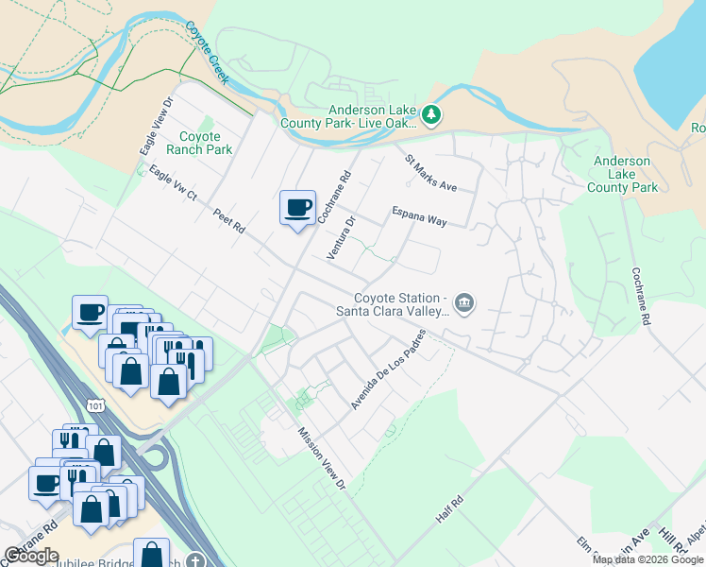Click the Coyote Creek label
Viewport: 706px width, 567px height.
pyautogui.click(x=207, y=53)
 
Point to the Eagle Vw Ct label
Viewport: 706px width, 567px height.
pyautogui.click(x=172, y=183)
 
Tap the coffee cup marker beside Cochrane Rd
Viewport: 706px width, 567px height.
pyautogui.click(x=297, y=208)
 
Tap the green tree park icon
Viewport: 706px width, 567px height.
pyautogui.click(x=431, y=114)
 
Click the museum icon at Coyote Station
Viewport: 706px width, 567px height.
pyautogui.click(x=463, y=302)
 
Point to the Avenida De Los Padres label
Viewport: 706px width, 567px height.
pyautogui.click(x=388, y=369)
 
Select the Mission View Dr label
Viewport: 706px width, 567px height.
pyautogui.click(x=323, y=458)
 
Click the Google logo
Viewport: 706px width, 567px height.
pyautogui.click(x=31, y=556)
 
